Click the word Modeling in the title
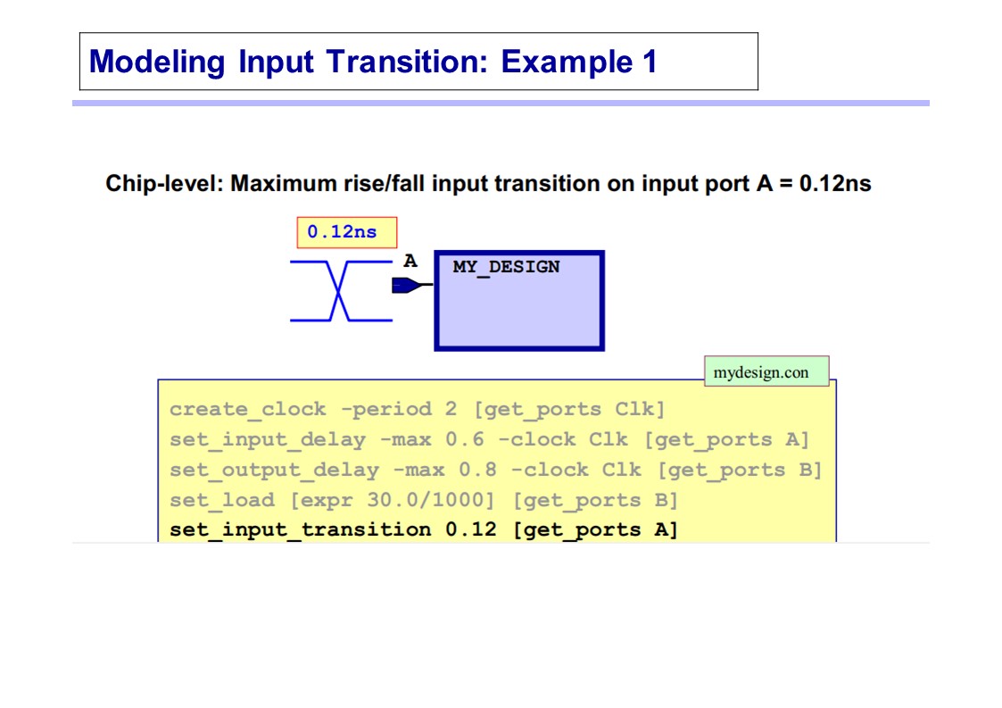tap(157, 62)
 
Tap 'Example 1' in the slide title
tap(579, 62)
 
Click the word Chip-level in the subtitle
tap(163, 184)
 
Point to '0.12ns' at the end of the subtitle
tap(835, 184)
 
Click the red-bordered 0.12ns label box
tap(347, 232)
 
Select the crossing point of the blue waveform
tap(339, 291)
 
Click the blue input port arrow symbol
tap(408, 285)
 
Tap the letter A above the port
tap(410, 261)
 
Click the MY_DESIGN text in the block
tap(506, 267)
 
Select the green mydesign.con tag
tap(766, 371)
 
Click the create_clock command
tap(248, 409)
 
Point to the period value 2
tap(451, 409)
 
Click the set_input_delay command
tap(268, 440)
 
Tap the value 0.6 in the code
tap(465, 439)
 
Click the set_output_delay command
tap(274, 471)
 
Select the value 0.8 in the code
tap(478, 470)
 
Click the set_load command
tap(222, 500)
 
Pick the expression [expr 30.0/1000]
tap(393, 500)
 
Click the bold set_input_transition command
tap(301, 530)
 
